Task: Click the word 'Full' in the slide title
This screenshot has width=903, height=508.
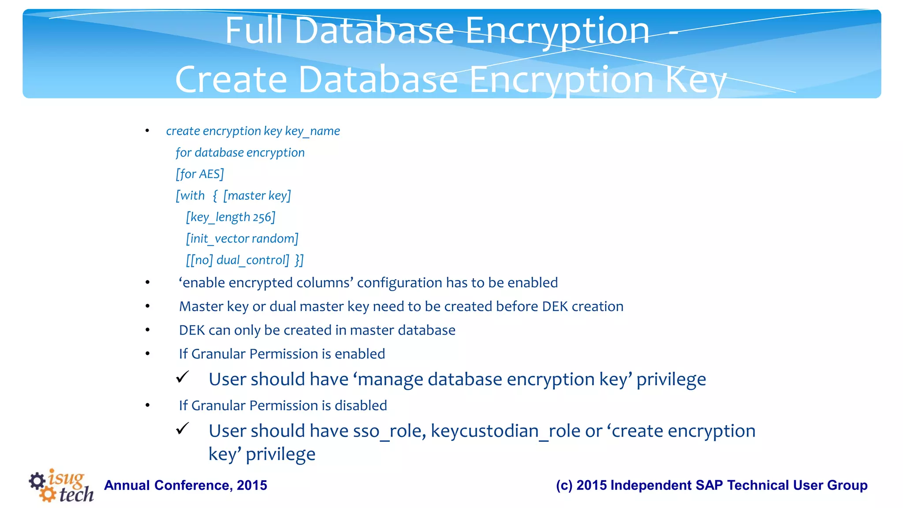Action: coord(253,31)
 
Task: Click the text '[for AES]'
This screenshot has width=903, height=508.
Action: coord(200,174)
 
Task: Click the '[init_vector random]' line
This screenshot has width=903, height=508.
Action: coord(242,239)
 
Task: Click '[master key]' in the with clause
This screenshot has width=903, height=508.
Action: coord(257,196)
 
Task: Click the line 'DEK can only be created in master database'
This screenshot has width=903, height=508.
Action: coord(317,330)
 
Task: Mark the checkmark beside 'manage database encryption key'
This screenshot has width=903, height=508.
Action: coord(183,377)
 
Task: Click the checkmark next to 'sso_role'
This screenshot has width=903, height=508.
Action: coord(183,429)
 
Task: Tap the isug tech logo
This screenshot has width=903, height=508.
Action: coord(61,486)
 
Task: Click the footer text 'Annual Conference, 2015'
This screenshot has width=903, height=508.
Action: coord(186,486)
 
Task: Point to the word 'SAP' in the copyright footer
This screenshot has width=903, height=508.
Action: coord(710,486)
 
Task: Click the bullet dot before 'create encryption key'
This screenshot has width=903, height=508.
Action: coord(147,131)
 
